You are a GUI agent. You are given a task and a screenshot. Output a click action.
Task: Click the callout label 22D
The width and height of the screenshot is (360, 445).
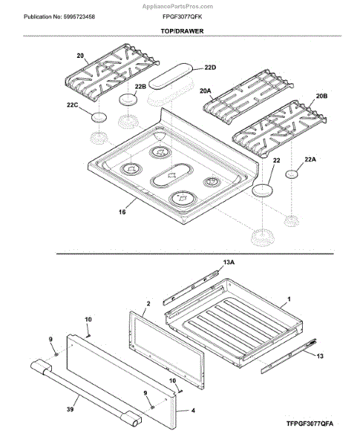pos(210,67)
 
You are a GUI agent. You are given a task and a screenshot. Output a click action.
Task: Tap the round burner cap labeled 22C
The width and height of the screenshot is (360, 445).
pos(99,117)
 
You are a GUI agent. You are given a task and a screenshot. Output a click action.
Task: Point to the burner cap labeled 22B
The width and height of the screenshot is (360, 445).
pos(128,99)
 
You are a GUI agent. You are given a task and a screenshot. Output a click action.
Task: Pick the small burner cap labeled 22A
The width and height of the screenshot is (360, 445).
pos(292,174)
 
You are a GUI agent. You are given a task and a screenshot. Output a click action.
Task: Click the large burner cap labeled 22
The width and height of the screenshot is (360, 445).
pos(262,190)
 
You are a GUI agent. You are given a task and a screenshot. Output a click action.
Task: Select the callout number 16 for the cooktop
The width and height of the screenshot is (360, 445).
pos(122,211)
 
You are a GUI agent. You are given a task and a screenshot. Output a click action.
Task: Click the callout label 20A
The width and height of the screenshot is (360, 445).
pos(205,90)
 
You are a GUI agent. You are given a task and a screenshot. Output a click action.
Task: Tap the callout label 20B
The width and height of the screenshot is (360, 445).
pos(321,96)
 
